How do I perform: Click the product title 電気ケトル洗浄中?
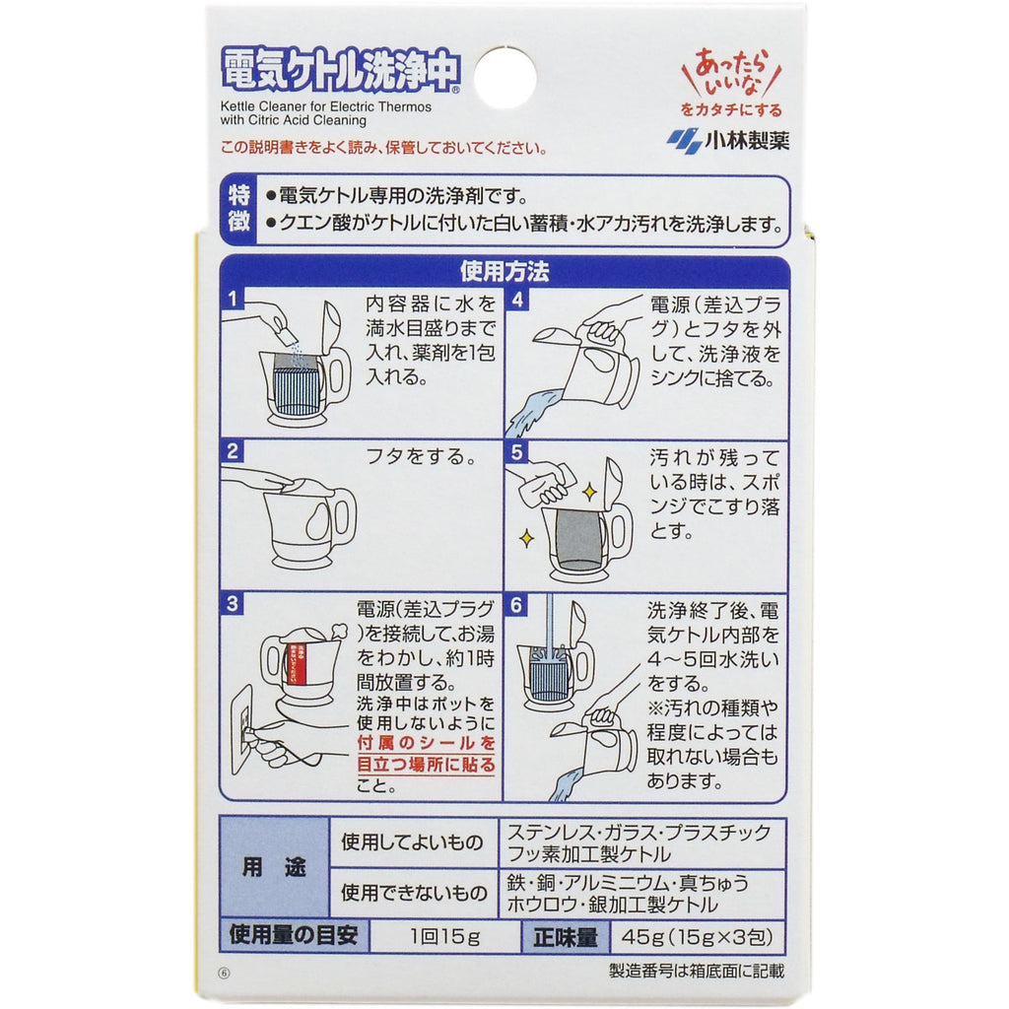340,69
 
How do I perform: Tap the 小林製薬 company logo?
728,141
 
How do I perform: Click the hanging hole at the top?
505,78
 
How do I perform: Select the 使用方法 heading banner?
504,272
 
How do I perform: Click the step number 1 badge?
233,299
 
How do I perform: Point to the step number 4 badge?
516,300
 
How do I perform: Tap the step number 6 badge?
516,605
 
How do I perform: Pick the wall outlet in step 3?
242,729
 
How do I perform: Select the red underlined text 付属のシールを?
426,743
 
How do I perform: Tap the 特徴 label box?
238,209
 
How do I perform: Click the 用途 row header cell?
274,867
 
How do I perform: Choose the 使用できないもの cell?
413,893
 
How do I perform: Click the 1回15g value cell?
444,936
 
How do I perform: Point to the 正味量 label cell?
565,937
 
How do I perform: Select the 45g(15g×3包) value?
697,936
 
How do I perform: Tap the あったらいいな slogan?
732,73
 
